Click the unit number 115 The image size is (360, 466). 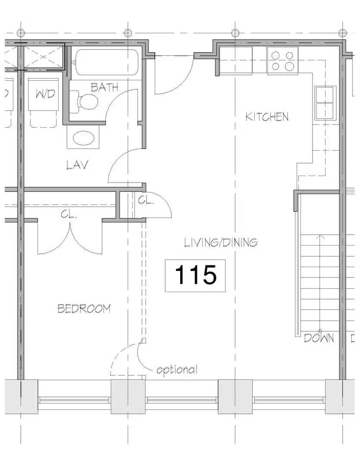click(x=196, y=275)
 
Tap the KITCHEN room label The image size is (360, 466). click(x=267, y=117)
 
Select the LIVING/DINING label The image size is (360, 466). click(x=221, y=242)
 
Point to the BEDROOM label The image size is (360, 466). click(x=84, y=309)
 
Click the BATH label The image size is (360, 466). click(x=105, y=87)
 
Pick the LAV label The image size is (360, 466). click(x=78, y=165)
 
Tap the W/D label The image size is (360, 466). click(x=45, y=94)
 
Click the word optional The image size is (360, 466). click(x=177, y=370)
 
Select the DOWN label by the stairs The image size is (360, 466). click(x=319, y=338)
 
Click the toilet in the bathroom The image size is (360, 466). click(x=85, y=102)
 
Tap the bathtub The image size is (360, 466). click(x=107, y=63)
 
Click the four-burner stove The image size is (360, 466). click(x=282, y=61)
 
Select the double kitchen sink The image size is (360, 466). click(x=326, y=103)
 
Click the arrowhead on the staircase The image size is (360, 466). click(x=320, y=237)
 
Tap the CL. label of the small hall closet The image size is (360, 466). click(x=146, y=201)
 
